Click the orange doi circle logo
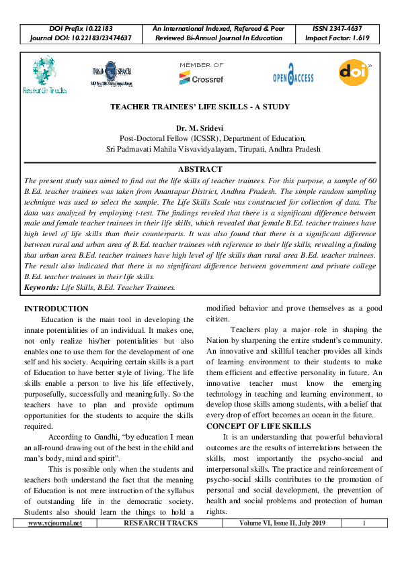pyautogui.click(x=354, y=72)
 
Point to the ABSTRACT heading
pyautogui.click(x=200, y=169)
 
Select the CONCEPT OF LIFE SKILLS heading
pyautogui.click(x=259, y=426)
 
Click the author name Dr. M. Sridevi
pyautogui.click(x=200, y=127)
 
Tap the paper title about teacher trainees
pyautogui.click(x=200, y=107)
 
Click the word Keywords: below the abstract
pyautogui.click(x=41, y=287)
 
